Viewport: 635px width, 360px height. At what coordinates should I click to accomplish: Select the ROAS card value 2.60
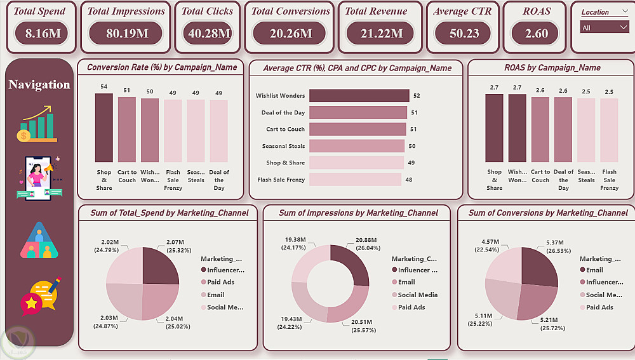tap(537, 34)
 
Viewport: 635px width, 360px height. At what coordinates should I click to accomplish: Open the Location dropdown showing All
tap(604, 27)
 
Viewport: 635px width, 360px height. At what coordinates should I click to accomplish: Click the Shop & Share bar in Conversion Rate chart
tap(104, 128)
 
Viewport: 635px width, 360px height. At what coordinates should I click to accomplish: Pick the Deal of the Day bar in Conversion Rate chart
tap(218, 131)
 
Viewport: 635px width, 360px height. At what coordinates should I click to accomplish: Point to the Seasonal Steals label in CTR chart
tap(283, 146)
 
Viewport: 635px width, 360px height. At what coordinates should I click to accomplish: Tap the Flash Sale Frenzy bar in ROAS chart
tap(609, 130)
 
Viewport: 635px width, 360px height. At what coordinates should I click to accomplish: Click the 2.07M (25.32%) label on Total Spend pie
tap(174, 244)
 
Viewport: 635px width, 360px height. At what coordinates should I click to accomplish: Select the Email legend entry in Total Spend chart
tap(216, 295)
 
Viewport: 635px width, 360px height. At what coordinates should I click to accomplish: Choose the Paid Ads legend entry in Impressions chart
tap(411, 307)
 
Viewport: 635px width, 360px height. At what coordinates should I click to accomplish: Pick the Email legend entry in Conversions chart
tap(594, 270)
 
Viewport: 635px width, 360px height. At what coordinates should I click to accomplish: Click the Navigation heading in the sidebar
tap(39, 84)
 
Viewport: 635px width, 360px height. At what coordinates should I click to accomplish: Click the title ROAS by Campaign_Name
tap(551, 68)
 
